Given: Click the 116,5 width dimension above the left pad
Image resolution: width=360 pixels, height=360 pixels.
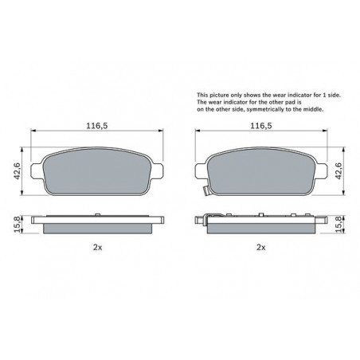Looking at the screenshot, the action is (97, 126).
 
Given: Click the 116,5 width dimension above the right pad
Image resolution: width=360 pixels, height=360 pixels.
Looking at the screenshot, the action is (261, 126).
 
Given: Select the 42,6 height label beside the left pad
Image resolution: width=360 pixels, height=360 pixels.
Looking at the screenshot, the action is (18, 171).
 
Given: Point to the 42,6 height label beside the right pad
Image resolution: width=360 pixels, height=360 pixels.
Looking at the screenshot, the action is (338, 170).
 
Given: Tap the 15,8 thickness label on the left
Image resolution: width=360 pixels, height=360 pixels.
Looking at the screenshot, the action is (17, 225).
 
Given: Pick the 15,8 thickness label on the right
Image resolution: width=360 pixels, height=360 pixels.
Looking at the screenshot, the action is (338, 225).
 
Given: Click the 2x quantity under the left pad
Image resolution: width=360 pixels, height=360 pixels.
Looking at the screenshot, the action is (97, 248).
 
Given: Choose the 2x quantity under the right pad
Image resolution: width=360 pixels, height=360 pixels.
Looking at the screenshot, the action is (261, 248).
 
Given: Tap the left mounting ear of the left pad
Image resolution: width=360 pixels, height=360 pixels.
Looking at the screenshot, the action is (37, 170).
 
